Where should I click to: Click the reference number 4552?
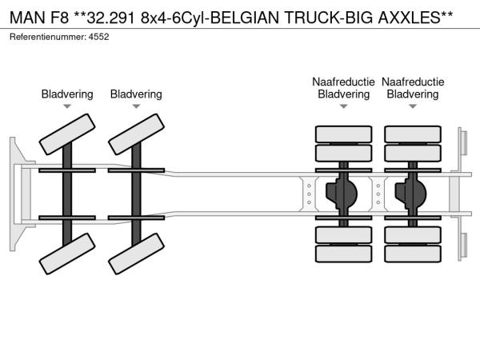click(98, 37)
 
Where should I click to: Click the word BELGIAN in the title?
click(245, 18)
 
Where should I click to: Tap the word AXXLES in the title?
click(409, 18)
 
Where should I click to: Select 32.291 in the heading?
click(111, 18)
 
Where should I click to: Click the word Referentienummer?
click(48, 37)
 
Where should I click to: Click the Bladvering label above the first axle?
click(67, 94)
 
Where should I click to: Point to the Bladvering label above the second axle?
click(136, 94)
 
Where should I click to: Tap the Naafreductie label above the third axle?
click(343, 82)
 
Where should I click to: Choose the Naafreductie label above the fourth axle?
click(413, 82)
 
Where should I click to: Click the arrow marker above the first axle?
click(67, 106)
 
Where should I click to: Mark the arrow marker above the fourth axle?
click(413, 106)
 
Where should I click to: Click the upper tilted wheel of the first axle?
click(67, 134)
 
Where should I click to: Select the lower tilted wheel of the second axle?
click(136, 254)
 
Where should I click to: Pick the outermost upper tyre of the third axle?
click(343, 134)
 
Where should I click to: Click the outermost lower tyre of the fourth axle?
click(413, 254)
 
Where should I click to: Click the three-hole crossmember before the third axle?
click(309, 194)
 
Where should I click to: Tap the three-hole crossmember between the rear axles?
click(378, 194)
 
